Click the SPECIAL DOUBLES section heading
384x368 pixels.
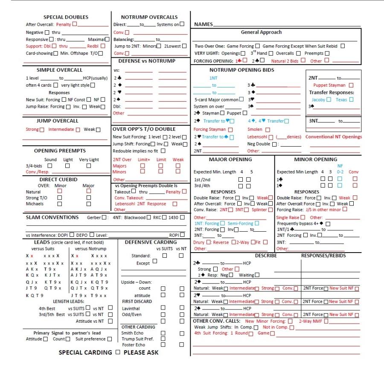pos(66,17)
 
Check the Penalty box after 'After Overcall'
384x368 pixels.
pos(75,24)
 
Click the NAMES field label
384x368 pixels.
pos(203,24)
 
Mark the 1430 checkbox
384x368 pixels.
pos(183,218)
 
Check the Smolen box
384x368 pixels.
pos(268,129)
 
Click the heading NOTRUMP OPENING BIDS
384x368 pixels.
pos(242,70)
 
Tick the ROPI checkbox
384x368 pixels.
pos(182,235)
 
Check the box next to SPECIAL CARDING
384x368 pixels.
pos(118,353)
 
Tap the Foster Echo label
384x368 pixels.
pos(132,344)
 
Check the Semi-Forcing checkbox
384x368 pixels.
pos(257,223)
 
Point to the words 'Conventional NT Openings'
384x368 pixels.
pos(334,137)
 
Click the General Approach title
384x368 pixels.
pos(261,32)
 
